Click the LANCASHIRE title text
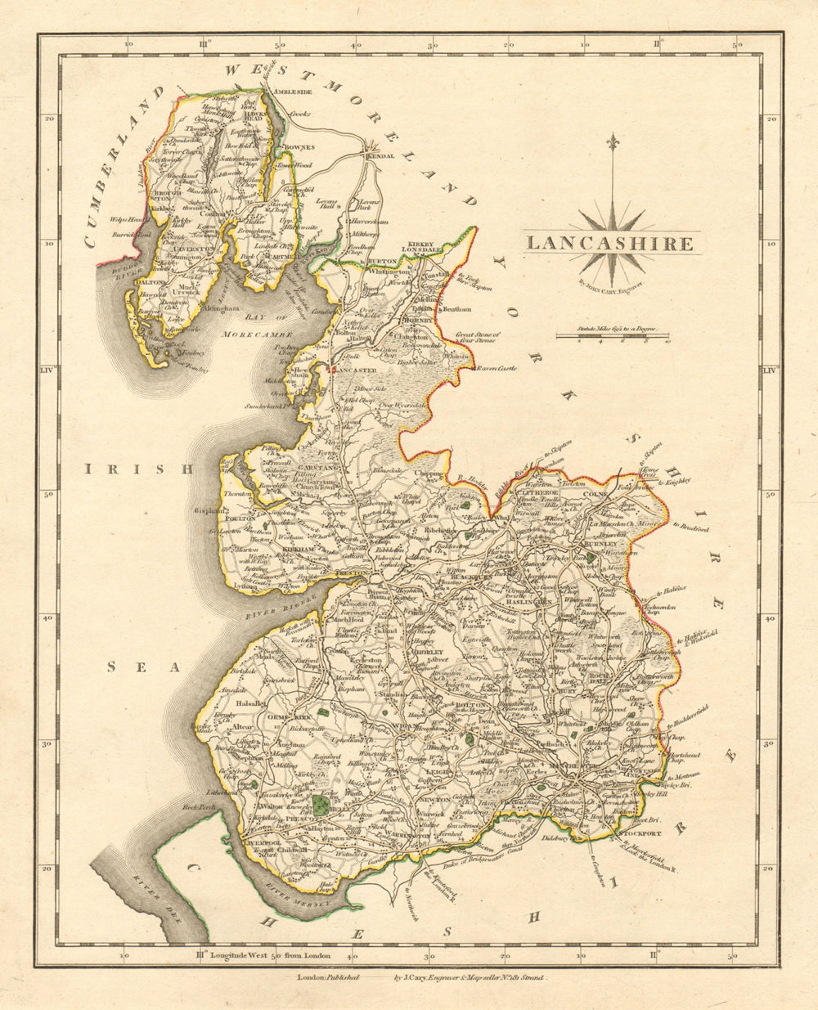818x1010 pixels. (x=610, y=243)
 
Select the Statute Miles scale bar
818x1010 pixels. (x=611, y=337)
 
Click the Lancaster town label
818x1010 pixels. (x=356, y=370)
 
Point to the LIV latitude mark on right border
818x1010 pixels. (x=769, y=370)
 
